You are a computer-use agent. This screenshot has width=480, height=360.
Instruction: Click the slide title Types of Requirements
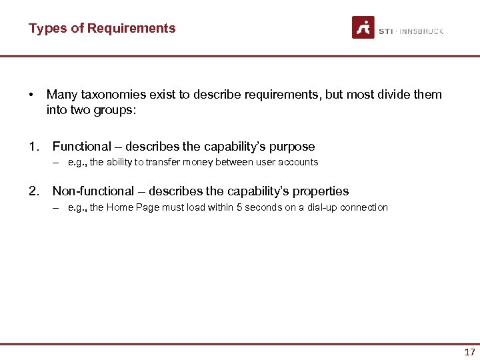[x=102, y=28]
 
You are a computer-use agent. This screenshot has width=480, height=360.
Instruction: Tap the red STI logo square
[x=363, y=27]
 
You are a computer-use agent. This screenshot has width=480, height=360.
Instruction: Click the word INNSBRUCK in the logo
[x=421, y=31]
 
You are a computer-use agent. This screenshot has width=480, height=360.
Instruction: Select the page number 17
[x=469, y=352]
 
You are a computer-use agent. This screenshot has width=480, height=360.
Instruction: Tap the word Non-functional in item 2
[x=93, y=191]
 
